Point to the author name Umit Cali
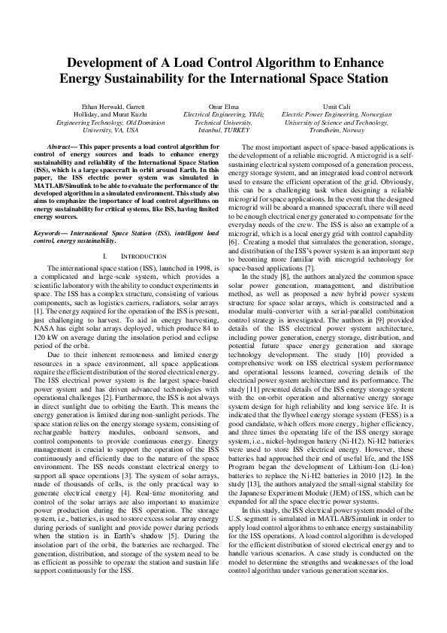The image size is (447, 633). coord(334,108)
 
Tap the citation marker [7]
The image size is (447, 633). coord(301,247)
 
